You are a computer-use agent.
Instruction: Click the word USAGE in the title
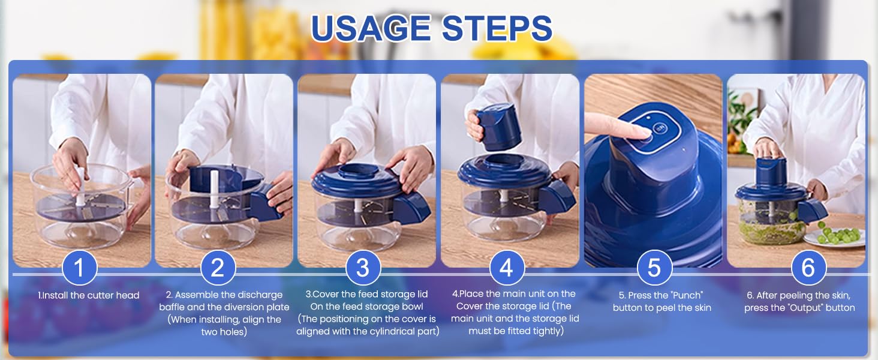pos(371,28)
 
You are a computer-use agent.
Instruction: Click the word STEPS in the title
pos(497,28)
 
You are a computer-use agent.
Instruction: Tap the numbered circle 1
pos(80,268)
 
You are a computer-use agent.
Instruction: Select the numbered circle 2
pos(218,268)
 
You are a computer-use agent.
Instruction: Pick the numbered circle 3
pos(363,268)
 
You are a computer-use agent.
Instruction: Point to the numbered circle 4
pos(507,268)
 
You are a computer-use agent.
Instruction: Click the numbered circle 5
pos(654,268)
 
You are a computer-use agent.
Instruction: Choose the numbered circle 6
pos(808,268)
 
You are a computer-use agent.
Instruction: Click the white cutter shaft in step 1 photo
pos(80,187)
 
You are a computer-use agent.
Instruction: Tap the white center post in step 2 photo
pos(214,189)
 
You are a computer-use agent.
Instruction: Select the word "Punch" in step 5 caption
pos(687,295)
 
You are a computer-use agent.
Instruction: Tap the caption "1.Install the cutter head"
pos(89,295)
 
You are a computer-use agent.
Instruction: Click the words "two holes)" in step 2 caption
pos(224,332)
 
